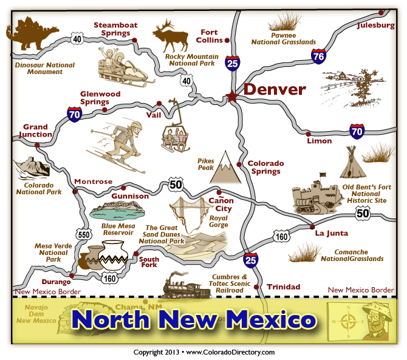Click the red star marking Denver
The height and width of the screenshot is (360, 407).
[x=231, y=96]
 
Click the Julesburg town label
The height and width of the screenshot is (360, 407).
[x=376, y=25]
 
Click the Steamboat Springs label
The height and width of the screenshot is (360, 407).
[x=115, y=29]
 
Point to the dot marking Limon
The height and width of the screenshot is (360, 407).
[x=309, y=134]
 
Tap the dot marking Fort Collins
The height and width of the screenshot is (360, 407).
[x=227, y=41]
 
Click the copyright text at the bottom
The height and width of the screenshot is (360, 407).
[x=204, y=352]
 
